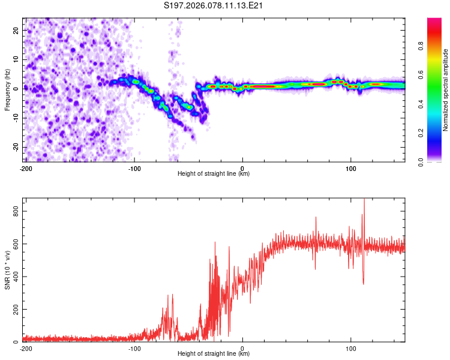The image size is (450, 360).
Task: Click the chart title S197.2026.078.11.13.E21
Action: point(214,6)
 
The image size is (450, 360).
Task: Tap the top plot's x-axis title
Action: point(214,173)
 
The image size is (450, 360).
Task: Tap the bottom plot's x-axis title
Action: point(214,353)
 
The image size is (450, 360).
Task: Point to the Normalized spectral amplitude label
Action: point(446,90)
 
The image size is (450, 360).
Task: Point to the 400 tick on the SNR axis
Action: point(14,277)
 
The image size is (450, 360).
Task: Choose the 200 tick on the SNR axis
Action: point(14,310)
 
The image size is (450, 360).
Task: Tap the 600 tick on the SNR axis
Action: point(14,244)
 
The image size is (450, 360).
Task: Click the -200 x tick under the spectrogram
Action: point(26,168)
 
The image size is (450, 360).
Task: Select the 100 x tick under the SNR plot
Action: point(351,348)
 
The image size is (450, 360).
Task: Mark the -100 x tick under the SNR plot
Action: point(134,348)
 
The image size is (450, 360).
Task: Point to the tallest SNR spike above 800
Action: point(364,200)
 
